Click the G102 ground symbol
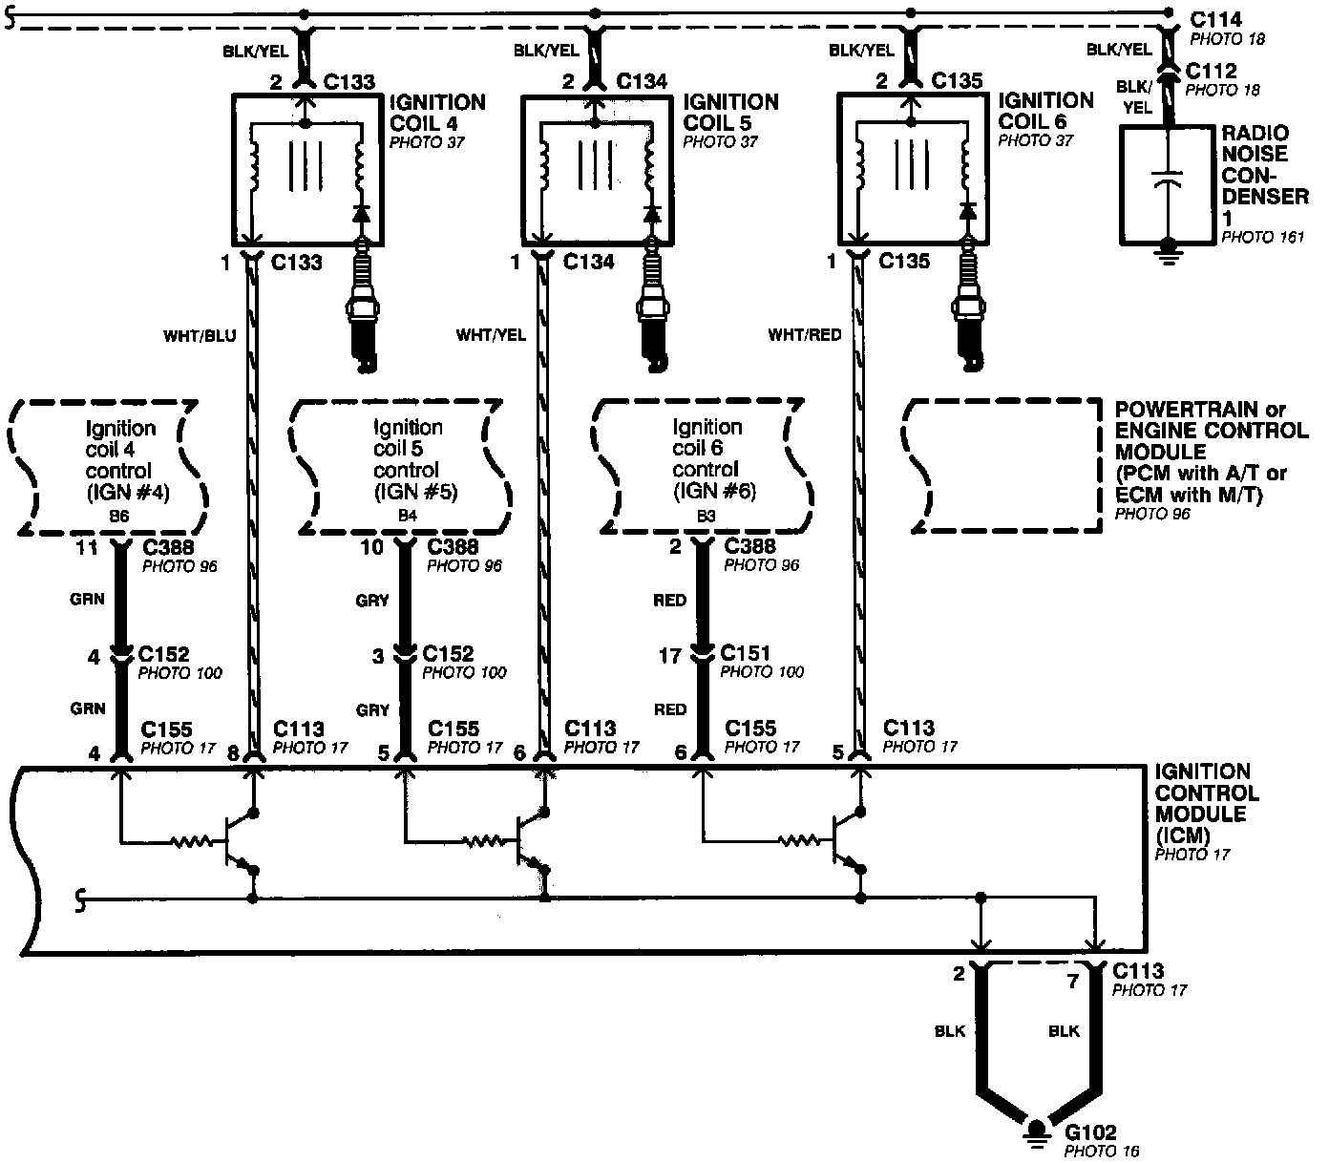[1035, 1134]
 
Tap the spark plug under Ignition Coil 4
[361, 306]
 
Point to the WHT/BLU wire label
[200, 335]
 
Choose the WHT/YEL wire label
[491, 335]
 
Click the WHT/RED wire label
[805, 334]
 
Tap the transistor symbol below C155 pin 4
[237, 841]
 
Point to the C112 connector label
[1211, 71]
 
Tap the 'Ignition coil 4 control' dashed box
[110, 465]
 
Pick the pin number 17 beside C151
[670, 656]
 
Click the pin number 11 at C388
[87, 548]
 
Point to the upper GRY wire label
[371, 601]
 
